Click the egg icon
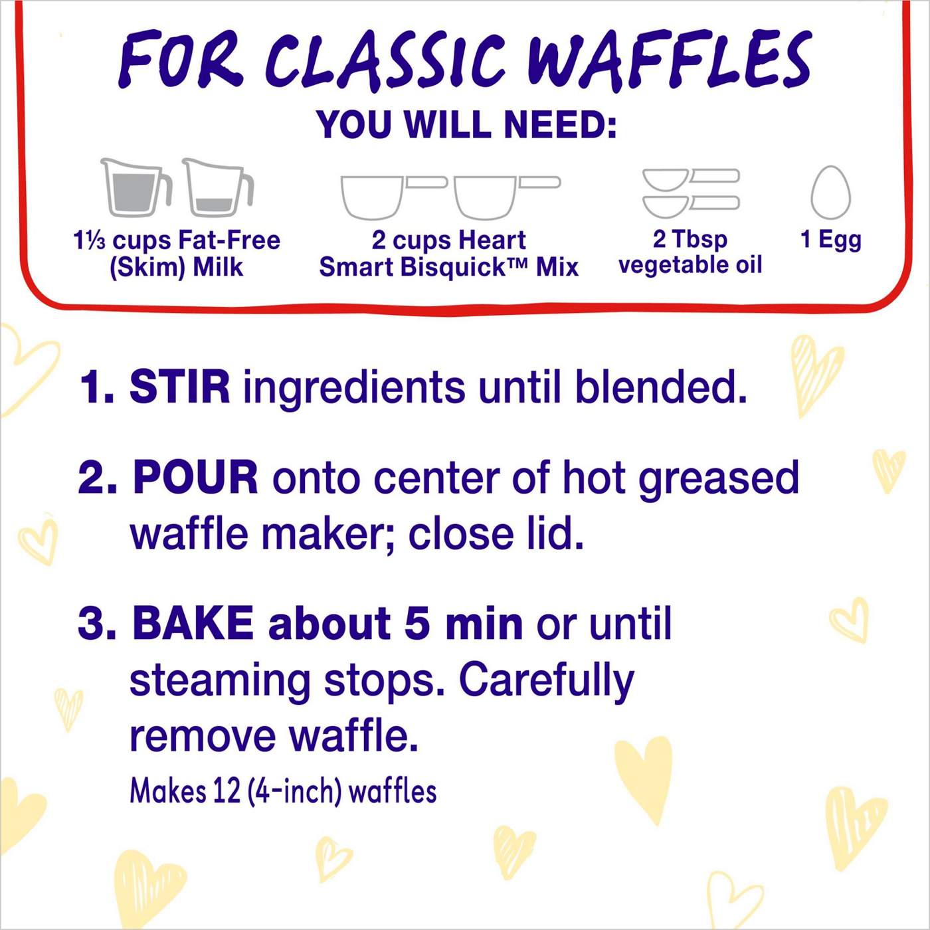click(830, 193)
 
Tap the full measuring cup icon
click(136, 188)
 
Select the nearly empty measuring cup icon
click(217, 188)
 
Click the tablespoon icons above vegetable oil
click(691, 193)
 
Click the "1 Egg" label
click(830, 239)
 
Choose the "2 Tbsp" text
click(690, 238)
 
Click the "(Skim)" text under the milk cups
click(147, 267)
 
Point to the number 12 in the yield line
click(227, 791)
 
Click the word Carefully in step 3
click(546, 681)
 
